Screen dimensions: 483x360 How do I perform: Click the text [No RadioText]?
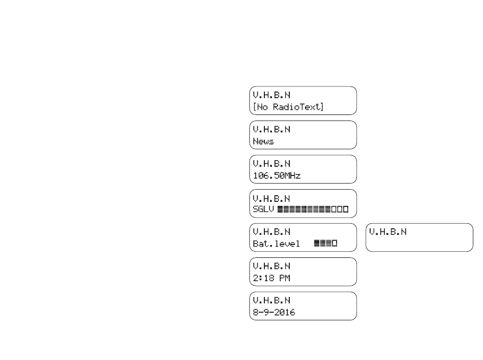(x=288, y=107)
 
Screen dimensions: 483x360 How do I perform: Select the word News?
(x=263, y=141)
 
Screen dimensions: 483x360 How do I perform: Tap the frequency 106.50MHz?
(x=277, y=175)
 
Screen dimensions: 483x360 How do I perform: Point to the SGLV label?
(x=263, y=209)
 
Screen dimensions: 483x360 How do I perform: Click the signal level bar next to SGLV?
(x=313, y=209)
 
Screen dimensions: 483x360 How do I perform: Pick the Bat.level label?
(x=276, y=244)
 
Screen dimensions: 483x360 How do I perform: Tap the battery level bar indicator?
(x=325, y=243)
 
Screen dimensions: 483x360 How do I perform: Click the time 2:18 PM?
(x=271, y=278)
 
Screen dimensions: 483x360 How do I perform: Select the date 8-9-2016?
(x=274, y=312)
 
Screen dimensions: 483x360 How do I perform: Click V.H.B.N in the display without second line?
(x=387, y=232)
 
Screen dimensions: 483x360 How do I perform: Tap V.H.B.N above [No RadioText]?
(x=271, y=95)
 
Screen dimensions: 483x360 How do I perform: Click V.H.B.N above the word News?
(x=271, y=129)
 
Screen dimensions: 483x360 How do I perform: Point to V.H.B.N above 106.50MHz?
(x=271, y=164)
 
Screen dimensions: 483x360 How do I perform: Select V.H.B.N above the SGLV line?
(x=271, y=199)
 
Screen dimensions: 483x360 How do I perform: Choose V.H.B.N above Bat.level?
(x=271, y=232)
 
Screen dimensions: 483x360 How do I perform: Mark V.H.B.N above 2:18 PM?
(x=271, y=266)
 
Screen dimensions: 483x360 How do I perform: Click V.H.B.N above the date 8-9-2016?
(x=271, y=301)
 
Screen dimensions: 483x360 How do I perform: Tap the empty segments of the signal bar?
(x=340, y=209)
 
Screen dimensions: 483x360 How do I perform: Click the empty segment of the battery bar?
(x=335, y=243)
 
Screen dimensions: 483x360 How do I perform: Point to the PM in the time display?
(x=285, y=278)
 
